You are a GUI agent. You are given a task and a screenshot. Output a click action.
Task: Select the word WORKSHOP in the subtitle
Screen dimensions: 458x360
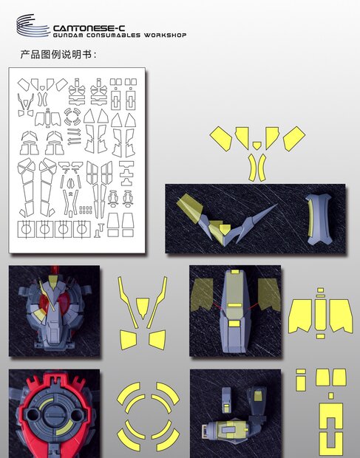[166, 35]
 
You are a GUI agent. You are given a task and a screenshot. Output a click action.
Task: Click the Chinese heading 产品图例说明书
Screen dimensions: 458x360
[58, 55]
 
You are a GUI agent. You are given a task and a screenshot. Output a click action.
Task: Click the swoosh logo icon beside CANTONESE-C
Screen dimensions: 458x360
[33, 27]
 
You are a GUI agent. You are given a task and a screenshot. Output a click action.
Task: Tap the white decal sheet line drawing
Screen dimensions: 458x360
[78, 158]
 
